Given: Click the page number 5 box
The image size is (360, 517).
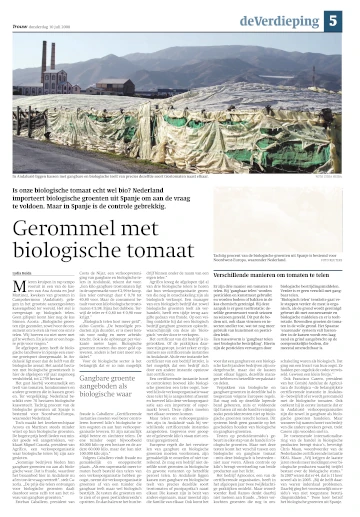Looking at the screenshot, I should [x=342, y=17].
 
